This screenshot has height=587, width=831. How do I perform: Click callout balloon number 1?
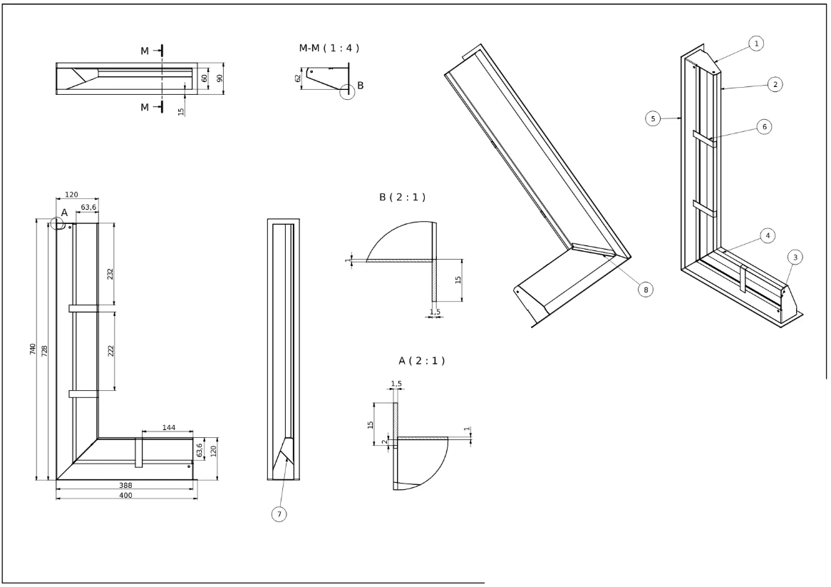(x=757, y=44)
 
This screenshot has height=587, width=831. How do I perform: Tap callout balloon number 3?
(x=795, y=257)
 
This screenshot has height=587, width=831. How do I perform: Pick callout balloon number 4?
(x=767, y=235)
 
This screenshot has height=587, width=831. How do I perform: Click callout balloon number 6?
(x=764, y=126)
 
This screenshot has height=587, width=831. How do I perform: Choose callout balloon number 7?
(x=280, y=513)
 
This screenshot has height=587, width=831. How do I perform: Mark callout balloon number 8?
(x=645, y=289)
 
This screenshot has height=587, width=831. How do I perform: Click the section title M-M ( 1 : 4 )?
(x=329, y=48)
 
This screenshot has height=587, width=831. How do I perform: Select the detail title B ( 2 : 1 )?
(x=402, y=197)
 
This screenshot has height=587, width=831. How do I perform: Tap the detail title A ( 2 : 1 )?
(x=421, y=361)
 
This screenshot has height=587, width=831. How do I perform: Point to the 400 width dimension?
(x=125, y=494)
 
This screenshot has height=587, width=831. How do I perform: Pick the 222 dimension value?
(x=111, y=350)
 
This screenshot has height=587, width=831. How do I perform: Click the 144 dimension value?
(x=168, y=428)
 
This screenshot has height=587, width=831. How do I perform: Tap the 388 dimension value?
(x=125, y=485)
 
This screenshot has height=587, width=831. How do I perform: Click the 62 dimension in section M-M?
(x=298, y=78)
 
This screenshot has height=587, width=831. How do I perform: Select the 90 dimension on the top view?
(x=221, y=78)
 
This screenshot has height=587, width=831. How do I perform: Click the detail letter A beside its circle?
(x=64, y=213)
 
